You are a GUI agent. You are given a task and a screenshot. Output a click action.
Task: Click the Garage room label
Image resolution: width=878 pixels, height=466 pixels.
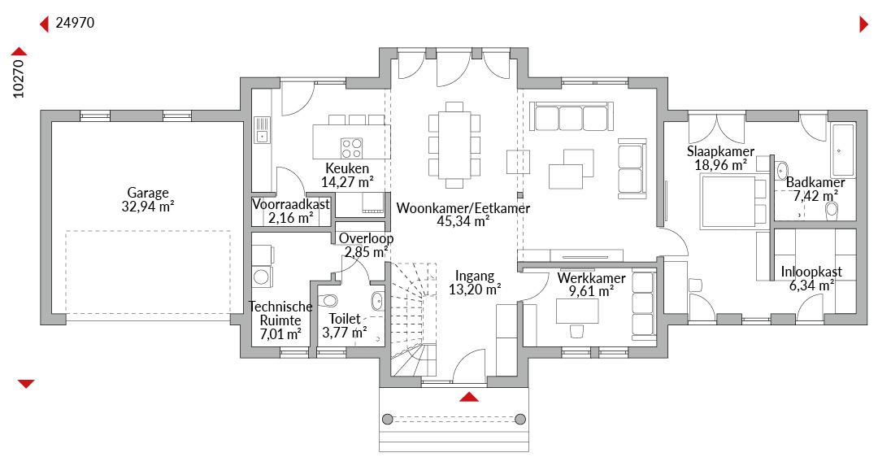click(148, 193)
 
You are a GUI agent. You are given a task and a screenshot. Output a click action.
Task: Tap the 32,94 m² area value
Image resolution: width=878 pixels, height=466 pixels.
click(148, 207)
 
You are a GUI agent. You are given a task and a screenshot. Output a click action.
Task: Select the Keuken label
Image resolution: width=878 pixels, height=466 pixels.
click(347, 168)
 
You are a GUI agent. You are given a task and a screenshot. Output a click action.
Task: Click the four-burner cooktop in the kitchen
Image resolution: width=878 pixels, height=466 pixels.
click(352, 149)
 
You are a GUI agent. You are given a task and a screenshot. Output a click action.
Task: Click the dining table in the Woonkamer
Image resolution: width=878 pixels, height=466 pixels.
click(454, 145)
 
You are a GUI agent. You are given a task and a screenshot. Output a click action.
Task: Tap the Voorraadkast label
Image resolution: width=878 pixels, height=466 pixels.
click(290, 204)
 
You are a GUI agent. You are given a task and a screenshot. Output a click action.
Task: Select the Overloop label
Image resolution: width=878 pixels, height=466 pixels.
click(366, 238)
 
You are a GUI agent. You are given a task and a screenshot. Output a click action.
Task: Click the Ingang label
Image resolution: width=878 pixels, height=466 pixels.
click(475, 276)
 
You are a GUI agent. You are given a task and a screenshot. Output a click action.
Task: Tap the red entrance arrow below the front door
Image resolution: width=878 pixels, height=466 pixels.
click(469, 397)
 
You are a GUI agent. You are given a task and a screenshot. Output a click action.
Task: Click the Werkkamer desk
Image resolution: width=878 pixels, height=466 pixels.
click(576, 311)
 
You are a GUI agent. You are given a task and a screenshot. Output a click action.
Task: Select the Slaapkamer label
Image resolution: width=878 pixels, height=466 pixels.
click(720, 151)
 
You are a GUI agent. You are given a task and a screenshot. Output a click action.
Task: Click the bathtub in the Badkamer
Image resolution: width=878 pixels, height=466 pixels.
click(843, 150)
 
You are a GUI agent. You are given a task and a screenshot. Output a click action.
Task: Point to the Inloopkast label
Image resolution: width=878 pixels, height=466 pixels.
click(811, 272)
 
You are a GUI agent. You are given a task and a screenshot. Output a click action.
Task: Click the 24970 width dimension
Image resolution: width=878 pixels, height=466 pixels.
click(75, 23)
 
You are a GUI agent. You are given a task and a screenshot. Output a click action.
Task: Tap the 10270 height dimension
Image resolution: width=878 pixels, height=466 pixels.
click(19, 78)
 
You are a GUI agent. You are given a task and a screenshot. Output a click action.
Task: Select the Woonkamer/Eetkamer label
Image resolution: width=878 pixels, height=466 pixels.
click(463, 208)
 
